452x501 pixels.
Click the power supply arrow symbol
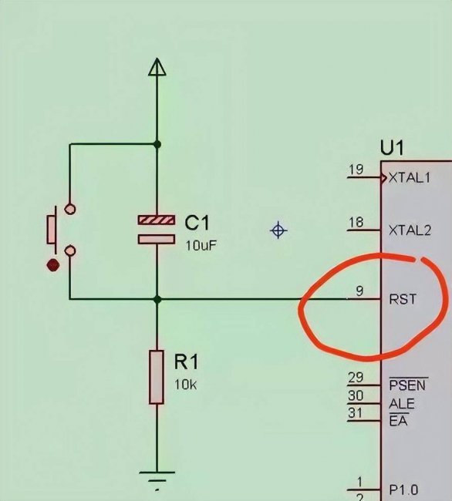tap(157, 67)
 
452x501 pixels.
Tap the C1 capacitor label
tap(197, 223)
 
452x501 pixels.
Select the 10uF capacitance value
tap(201, 245)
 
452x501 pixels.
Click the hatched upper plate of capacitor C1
tap(157, 220)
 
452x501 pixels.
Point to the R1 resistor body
tap(157, 377)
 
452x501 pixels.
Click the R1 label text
tap(186, 362)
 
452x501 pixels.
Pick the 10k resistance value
tap(185, 385)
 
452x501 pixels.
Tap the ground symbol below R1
tap(157, 480)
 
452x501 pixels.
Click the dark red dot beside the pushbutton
tap(53, 265)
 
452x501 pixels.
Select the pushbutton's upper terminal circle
tap(70, 209)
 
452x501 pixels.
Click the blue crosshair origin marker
tap(278, 230)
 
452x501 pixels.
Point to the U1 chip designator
tap(392, 148)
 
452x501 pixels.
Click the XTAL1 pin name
tap(410, 177)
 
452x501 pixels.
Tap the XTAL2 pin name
tap(410, 230)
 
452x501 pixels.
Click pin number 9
tap(359, 291)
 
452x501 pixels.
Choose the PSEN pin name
tap(407, 385)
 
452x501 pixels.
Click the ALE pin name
tap(402, 404)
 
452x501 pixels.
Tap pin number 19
tap(356, 170)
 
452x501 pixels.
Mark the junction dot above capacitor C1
tap(157, 144)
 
